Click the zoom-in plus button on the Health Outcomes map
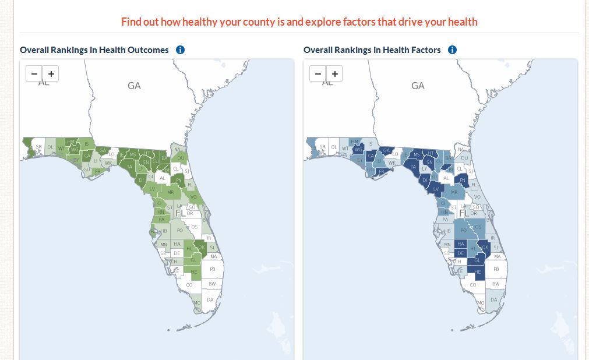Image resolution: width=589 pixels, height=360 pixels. coord(51,74)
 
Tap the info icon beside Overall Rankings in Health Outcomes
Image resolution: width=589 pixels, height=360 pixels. coord(180,50)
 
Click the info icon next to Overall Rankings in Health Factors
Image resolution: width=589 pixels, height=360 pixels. coord(452,50)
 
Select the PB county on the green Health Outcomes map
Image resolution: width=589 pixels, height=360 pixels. coord(212,270)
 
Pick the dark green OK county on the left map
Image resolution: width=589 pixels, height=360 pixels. coord(202,247)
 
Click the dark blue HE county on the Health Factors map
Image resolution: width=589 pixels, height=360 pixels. coord(478,272)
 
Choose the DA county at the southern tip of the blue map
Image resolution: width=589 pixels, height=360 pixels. coord(494,300)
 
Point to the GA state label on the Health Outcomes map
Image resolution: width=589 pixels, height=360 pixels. coord(134,86)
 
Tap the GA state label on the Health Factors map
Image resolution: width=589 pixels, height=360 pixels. coord(418,86)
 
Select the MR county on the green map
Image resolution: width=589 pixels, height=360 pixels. coord(171,192)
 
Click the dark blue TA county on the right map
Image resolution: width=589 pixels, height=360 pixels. coord(414,167)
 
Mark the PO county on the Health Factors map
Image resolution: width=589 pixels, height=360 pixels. coord(464,230)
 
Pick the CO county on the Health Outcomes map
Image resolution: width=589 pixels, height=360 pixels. coord(189,285)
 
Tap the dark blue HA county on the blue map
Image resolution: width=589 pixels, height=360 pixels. coord(461,244)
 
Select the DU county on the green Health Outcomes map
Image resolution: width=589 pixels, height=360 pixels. coord(181,158)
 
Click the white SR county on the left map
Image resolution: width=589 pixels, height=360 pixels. coord(38,147)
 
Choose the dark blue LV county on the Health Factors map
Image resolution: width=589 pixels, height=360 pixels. coord(436,189)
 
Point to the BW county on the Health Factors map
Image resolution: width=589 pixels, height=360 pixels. coord(496,284)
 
